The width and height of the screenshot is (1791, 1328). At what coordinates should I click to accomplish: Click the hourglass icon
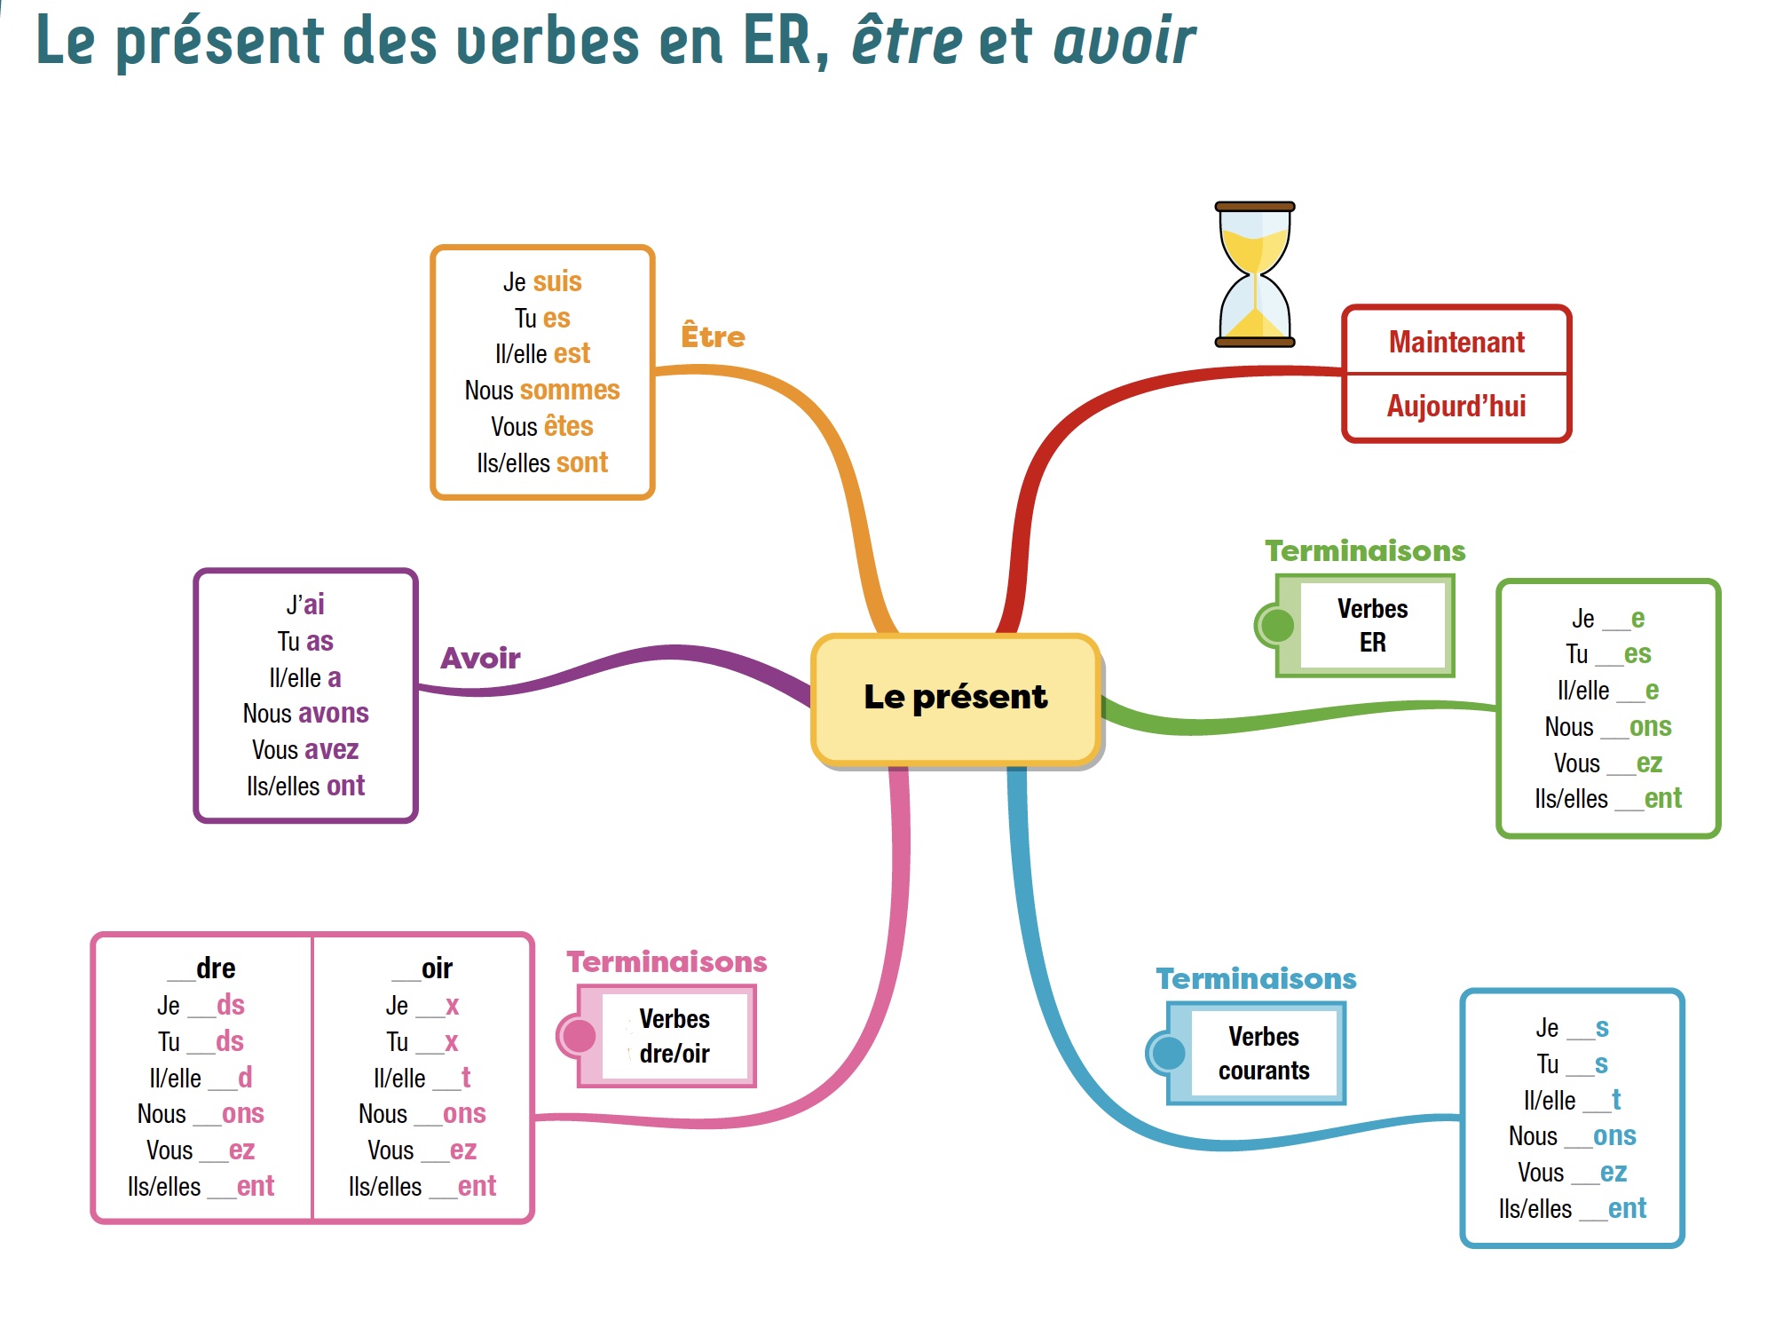pos(1254,273)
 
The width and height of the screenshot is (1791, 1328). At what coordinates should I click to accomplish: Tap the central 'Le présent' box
pos(956,698)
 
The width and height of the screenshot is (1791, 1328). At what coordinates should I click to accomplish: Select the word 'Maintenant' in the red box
pos(1456,342)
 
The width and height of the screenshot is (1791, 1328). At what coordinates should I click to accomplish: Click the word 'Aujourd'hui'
pos(1456,406)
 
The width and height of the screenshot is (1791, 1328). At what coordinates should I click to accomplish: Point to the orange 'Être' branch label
pos(713,336)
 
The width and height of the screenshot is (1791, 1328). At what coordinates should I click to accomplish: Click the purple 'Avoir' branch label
pos(480,658)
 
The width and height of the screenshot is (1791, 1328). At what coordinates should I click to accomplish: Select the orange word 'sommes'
pos(570,390)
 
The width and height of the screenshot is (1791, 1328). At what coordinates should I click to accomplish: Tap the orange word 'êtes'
pos(568,426)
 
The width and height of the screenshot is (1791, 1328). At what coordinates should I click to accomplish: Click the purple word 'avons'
pos(332,713)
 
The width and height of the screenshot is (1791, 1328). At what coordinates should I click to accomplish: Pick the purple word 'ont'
pos(345,786)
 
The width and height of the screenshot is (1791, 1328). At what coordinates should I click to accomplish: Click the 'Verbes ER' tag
pos(1372,625)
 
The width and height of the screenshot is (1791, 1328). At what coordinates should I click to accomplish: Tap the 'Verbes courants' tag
pos(1264,1053)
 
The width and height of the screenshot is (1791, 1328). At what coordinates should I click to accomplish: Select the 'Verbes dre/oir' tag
pos(674,1036)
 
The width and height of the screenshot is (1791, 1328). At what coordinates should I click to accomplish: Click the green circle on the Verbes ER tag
pos(1276,625)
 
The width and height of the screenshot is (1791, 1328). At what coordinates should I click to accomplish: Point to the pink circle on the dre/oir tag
pos(579,1036)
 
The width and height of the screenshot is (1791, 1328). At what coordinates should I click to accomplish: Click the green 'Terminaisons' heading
pos(1365,550)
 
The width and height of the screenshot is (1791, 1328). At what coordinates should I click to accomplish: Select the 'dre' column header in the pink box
pos(216,968)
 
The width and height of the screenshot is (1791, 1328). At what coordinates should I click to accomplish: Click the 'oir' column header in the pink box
pos(437,968)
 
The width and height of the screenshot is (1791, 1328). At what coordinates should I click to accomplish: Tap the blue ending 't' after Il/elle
pos(1616,1100)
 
